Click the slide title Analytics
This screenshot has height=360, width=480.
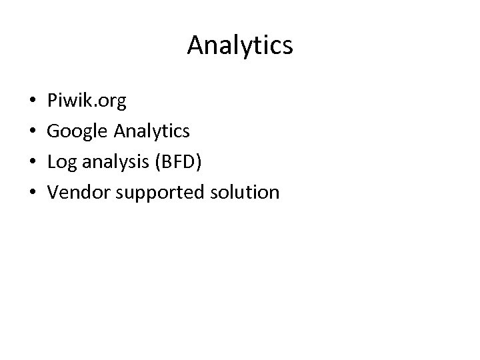point(240,45)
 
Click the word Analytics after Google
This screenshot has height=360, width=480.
point(153,131)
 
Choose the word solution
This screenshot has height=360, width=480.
point(245,193)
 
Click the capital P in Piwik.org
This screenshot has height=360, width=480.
point(53,101)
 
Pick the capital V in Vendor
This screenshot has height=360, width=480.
point(55,193)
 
